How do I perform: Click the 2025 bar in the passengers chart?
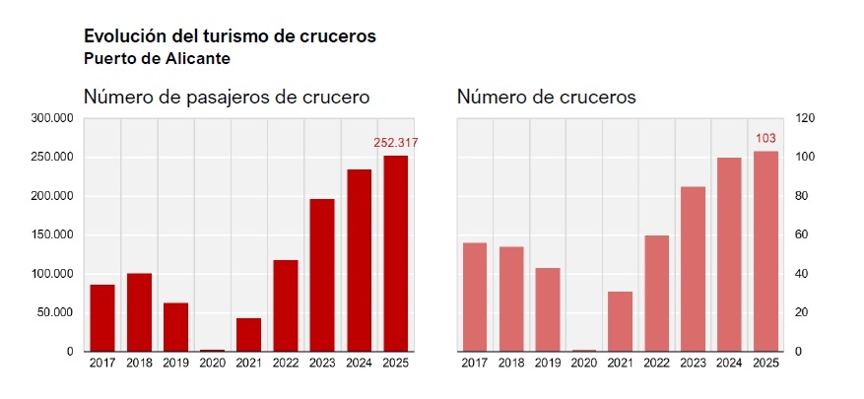pyautogui.click(x=395, y=253)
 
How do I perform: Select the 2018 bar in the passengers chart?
pyautogui.click(x=139, y=312)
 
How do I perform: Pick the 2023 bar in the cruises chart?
pyautogui.click(x=693, y=269)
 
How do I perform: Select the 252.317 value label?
pyautogui.click(x=396, y=143)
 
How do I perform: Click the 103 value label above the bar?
pyautogui.click(x=765, y=139)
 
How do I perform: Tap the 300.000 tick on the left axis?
pyautogui.click(x=54, y=118)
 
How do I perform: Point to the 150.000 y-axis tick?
pyautogui.click(x=54, y=235)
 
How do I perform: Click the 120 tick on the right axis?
pyautogui.click(x=806, y=118)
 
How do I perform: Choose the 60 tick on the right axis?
pyautogui.click(x=803, y=235)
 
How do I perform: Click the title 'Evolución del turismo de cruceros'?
pyautogui.click(x=231, y=36)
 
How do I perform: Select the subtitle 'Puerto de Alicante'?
pyautogui.click(x=158, y=58)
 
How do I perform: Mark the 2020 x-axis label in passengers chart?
pyautogui.click(x=212, y=364)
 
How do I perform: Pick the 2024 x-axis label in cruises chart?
pyautogui.click(x=729, y=364)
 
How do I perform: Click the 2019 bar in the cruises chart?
pyautogui.click(x=548, y=309)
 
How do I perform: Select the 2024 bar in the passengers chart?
pyautogui.click(x=359, y=260)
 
